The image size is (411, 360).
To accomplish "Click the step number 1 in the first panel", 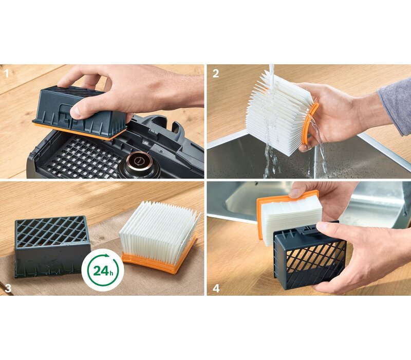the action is [7, 74].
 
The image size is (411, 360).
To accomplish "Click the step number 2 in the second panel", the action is [215, 74].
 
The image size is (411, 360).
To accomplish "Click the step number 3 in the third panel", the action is [8, 289].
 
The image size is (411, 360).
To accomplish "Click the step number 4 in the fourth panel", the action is [216, 289].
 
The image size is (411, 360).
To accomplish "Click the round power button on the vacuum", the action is [139, 160].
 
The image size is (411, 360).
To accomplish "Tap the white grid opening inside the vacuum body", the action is [84, 157].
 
